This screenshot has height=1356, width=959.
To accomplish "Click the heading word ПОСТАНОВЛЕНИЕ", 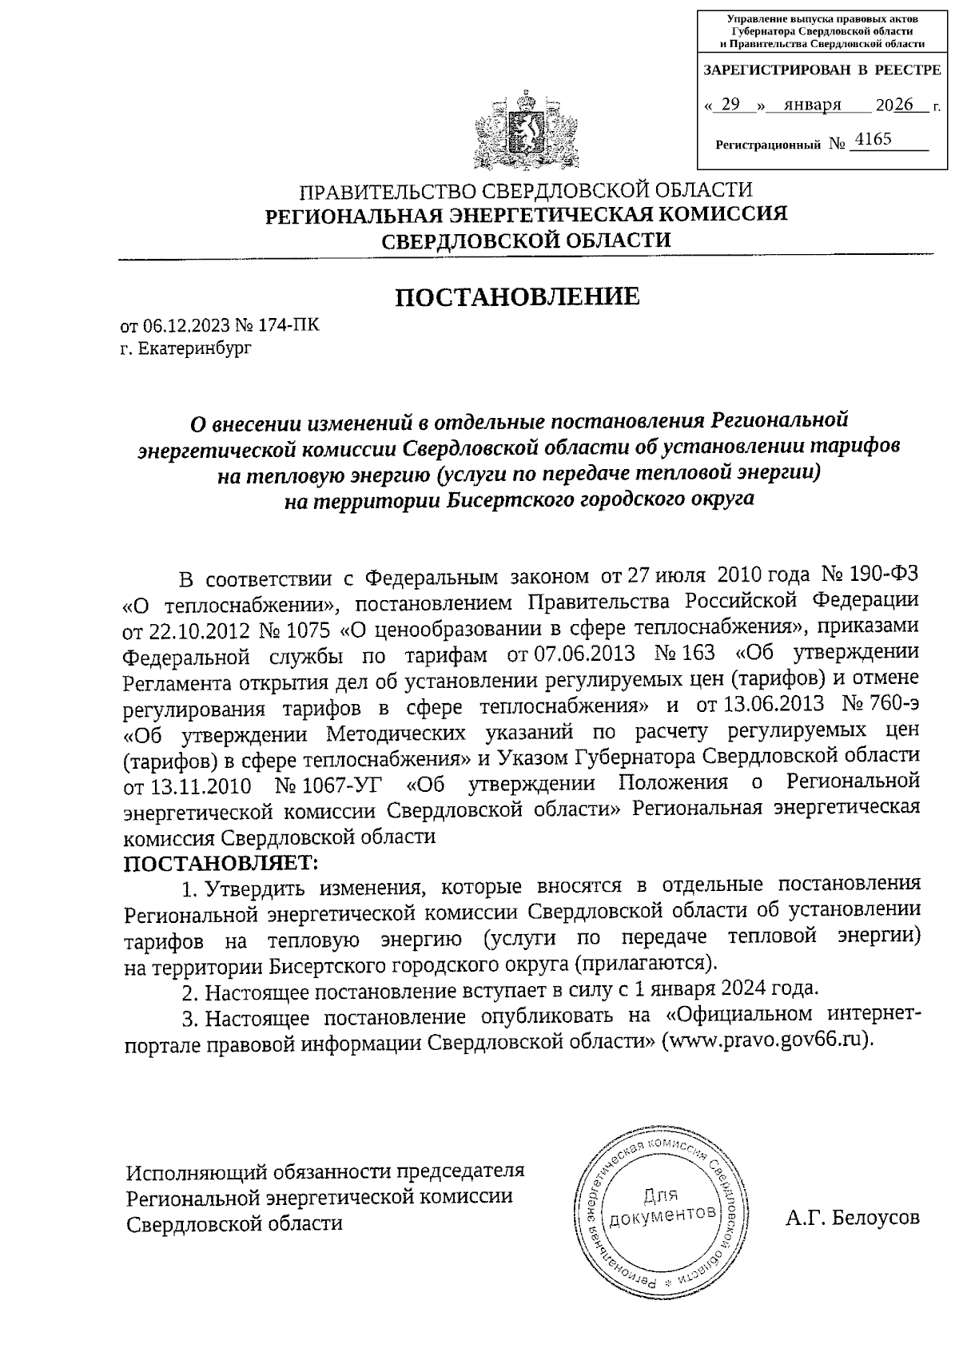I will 518,297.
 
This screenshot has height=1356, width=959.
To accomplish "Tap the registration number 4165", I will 872,140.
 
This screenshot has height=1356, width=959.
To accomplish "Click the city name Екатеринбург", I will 194,348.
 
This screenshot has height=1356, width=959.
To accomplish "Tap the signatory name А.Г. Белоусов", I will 852,1218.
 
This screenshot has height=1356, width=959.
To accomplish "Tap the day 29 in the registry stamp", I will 730,105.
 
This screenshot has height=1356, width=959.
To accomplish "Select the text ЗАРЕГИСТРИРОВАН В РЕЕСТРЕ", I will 821,70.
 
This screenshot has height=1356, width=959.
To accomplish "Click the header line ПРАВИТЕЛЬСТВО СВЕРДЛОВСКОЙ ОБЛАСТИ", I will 525,191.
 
